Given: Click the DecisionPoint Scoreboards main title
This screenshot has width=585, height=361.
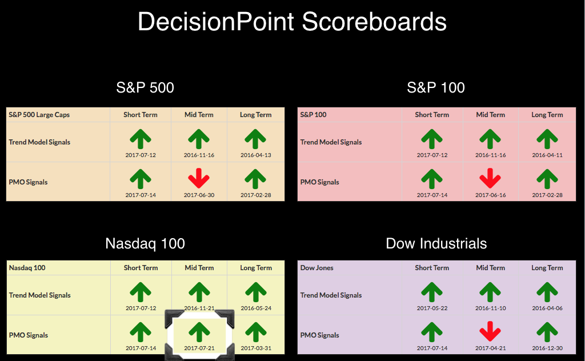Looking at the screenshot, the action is coord(292,22).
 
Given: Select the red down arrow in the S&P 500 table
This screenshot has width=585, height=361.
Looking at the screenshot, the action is coord(199,178).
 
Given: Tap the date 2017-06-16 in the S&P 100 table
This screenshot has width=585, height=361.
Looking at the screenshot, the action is coord(490,195).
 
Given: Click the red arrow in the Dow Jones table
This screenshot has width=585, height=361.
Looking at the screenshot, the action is coord(490,331).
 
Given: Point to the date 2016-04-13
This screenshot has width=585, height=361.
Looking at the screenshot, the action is coord(255,155).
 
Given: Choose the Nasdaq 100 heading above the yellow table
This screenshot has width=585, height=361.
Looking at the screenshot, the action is coord(145,243).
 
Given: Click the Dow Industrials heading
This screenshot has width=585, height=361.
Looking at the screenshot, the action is coord(436,243).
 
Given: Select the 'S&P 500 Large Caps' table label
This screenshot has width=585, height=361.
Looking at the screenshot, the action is coord(39,115).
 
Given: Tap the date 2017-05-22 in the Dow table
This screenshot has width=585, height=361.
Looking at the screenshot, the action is coord(432,308).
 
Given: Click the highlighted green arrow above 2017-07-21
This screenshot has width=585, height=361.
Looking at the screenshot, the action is coord(199,332).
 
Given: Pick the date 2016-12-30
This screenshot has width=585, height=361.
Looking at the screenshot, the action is coord(547,348).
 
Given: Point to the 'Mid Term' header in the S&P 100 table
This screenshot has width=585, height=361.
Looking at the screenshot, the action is coord(490,115).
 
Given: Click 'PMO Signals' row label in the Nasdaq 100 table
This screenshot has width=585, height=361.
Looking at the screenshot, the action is coord(29,335).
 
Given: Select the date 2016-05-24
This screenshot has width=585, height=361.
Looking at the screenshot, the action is coord(256,308).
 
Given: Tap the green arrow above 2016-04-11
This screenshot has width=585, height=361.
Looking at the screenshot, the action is coord(547,139).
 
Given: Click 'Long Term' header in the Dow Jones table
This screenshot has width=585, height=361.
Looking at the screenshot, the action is coord(547,268).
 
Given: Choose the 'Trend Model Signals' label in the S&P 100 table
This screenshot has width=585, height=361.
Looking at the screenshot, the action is coord(331,142).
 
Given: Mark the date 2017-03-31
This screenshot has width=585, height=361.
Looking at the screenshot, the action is coord(256,348).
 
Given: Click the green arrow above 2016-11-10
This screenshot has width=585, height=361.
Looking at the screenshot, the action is coord(490,292).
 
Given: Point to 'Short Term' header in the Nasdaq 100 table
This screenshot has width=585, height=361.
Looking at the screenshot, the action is coord(141,268).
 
